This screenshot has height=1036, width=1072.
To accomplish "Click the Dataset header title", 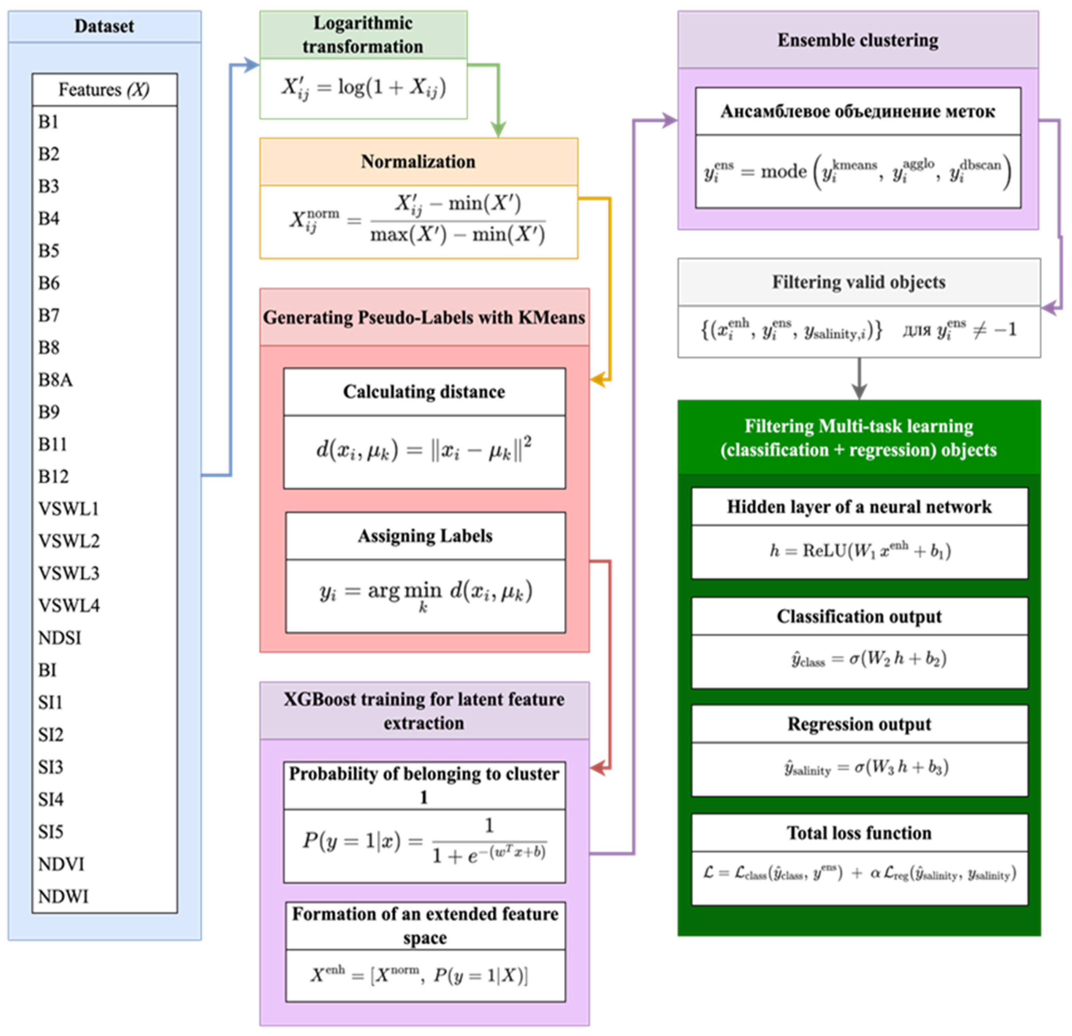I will pos(104,26).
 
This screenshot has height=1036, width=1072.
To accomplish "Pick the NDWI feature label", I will pos(63,896).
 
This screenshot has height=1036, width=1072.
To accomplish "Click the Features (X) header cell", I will pos(104,89).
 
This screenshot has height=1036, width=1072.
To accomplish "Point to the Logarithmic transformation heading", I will pos(363,34).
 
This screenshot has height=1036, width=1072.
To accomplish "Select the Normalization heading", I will pos(418,162).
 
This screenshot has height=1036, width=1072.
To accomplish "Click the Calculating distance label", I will pos(424,392).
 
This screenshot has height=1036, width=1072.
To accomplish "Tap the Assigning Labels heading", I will pos(425,536).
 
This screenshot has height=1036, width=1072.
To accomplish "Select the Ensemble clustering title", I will pos(858,40).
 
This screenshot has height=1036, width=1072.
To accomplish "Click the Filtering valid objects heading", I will pos(859,282).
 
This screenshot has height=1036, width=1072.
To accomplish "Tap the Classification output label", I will pos(859,616).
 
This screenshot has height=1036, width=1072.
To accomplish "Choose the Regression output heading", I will pos(859,724).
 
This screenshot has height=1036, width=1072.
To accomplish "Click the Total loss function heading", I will pos(859,833).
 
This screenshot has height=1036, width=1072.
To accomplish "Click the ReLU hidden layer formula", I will pos(859,550).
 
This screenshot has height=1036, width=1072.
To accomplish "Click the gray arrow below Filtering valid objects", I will pos(859,383).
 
